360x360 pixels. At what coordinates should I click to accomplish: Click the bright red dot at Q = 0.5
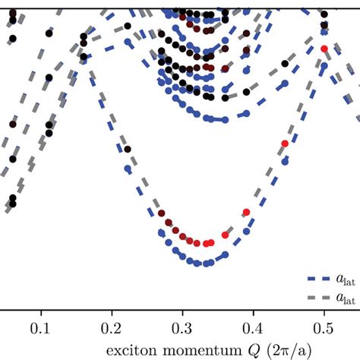click(324, 49)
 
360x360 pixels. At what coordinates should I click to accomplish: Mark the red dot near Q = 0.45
click(285, 143)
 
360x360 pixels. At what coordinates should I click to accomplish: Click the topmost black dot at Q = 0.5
click(324, 14)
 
